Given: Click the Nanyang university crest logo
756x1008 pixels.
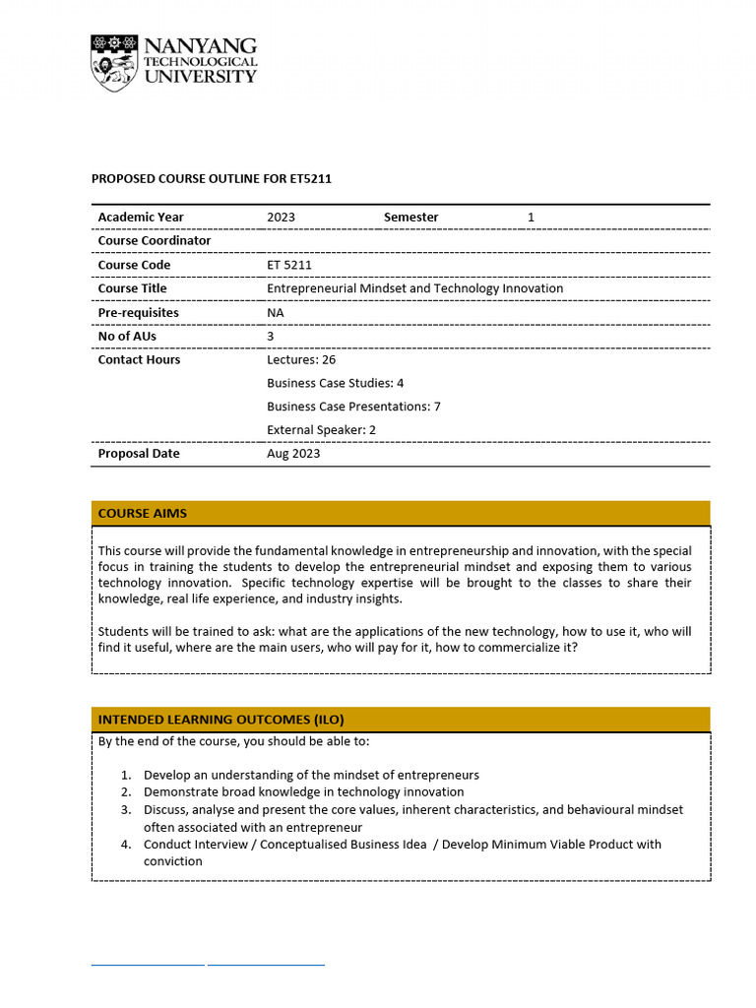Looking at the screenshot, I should pos(115,63).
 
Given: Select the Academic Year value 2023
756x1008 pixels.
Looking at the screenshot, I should pos(281,218).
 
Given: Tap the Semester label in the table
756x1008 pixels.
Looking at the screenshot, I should pos(410,218).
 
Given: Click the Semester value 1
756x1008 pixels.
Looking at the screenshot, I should pos(531,218).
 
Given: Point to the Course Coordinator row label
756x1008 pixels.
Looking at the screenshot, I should pos(154,241).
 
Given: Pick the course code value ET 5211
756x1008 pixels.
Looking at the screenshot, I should pos(289,265).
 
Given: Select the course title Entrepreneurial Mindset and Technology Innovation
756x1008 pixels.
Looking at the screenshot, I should pos(414,288).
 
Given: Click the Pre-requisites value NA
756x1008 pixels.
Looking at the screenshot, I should pos(276,313).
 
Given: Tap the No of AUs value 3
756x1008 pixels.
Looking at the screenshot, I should pos(271,337).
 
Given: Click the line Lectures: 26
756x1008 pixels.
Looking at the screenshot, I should pos(301,360).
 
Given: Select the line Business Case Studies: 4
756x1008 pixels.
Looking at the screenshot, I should pos(335,383).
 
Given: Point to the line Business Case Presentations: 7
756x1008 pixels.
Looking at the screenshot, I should pos(353,407).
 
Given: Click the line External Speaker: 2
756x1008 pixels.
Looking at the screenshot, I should pos(321,430).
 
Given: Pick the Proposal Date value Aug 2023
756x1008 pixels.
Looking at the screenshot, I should pos(293,454).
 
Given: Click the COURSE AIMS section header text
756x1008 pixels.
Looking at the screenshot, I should pos(142,514).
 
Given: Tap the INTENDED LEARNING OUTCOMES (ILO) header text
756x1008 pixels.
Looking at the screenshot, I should pos(220,720).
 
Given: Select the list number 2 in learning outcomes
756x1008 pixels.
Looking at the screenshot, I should pos(126,791).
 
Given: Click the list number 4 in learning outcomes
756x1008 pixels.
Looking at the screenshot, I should pos(126,845).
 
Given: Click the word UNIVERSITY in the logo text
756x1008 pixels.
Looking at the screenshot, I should pos(200,77).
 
